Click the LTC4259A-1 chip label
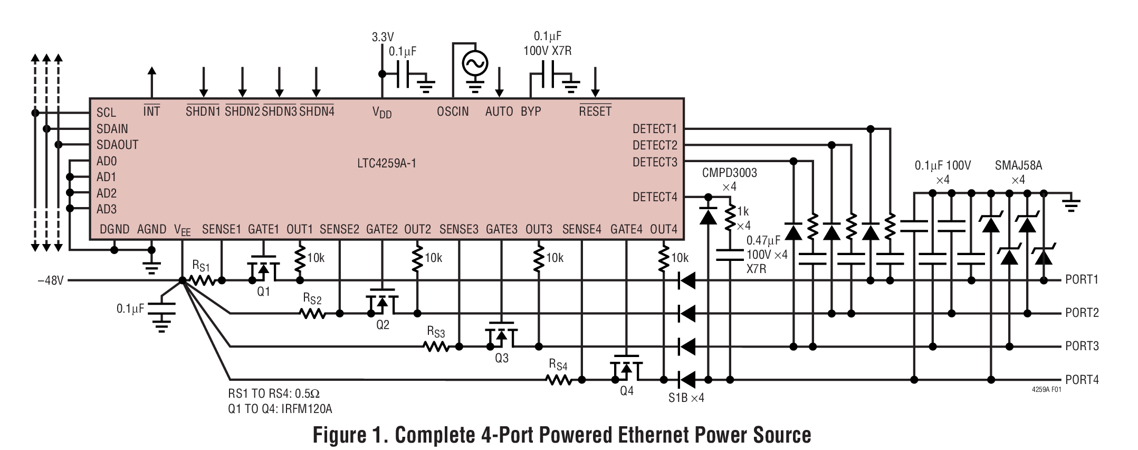[x=386, y=163]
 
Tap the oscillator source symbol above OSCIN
[x=474, y=64]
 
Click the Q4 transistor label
[x=626, y=391]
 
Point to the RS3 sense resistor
[x=436, y=346]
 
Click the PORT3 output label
[x=1082, y=346]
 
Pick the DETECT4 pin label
[x=654, y=197]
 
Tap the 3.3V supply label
[x=382, y=37]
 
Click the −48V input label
[x=51, y=280]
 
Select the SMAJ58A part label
[x=1018, y=166]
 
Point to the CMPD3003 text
[x=729, y=173]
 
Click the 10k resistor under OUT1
[x=300, y=257]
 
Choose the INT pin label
[x=151, y=111]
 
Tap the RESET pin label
[x=595, y=111]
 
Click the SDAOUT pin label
[x=117, y=145]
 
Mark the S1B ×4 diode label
[x=686, y=398]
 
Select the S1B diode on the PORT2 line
[x=686, y=314]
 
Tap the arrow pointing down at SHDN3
[x=280, y=82]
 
